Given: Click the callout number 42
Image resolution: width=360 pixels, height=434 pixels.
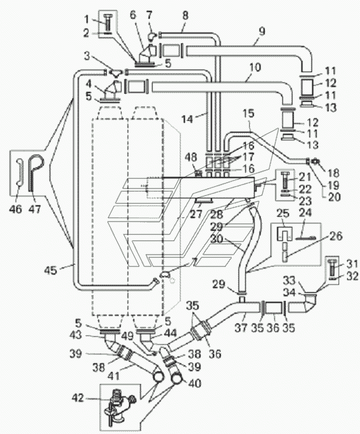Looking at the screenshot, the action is coord(78,398).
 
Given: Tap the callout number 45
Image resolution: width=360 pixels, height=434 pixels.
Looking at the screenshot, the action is coord(51,270).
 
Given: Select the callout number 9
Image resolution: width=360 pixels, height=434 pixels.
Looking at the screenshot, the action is coord(262,31).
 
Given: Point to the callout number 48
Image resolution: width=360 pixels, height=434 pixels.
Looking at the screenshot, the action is coord(190,157).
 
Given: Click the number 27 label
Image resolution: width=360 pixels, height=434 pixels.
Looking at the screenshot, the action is coord(197,214).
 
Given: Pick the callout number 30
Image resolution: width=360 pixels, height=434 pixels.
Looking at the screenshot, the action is coord(217,239).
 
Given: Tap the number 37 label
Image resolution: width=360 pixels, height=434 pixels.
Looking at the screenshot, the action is coord(241,328).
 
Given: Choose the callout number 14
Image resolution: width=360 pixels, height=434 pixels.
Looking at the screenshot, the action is coord(187,119).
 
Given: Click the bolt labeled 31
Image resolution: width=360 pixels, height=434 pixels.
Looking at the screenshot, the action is coord(332,269).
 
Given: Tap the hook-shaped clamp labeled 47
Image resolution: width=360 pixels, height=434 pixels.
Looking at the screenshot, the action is coord(36,172).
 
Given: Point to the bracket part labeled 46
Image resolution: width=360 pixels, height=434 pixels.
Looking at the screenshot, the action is coord(20,172).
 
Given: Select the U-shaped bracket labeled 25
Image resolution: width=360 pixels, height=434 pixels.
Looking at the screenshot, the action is coord(284,234).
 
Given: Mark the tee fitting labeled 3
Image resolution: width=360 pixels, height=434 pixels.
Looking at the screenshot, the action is coord(115,72).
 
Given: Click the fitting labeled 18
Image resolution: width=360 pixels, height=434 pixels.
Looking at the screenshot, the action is coord(315,161).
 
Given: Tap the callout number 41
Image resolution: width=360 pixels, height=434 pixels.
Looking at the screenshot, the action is coord(113,375).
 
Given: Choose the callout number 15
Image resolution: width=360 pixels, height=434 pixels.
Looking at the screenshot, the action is coord(249,113).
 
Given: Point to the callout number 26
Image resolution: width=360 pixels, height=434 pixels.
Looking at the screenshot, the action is coord(336,236).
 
